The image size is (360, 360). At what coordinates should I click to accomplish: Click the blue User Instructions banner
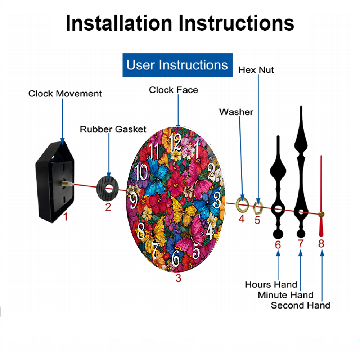coord(177,65)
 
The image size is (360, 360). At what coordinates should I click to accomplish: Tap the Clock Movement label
coord(65,94)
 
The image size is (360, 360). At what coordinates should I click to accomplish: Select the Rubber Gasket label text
coord(113,129)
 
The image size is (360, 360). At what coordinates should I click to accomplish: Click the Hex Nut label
coord(256,70)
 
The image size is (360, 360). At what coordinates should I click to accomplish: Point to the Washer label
coord(236,112)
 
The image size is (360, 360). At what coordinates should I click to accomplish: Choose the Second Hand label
coord(301,305)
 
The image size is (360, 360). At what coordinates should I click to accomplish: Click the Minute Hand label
coord(285,295)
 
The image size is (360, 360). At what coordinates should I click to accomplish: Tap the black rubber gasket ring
coord(107,188)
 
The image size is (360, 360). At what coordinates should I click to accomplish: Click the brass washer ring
coord(242,204)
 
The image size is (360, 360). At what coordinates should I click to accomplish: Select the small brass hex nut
coord(258,208)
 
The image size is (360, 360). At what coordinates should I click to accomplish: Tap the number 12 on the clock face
coord(176,142)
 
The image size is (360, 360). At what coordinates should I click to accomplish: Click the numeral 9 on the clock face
coord(134,200)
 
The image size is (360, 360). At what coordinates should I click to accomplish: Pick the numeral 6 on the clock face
coord(176,258)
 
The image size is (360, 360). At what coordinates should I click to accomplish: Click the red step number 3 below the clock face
coord(179,278)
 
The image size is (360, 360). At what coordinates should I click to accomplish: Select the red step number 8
coord(321,244)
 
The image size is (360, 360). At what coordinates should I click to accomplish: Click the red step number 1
coord(66,217)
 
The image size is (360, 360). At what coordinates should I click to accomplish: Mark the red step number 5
coord(257,220)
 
